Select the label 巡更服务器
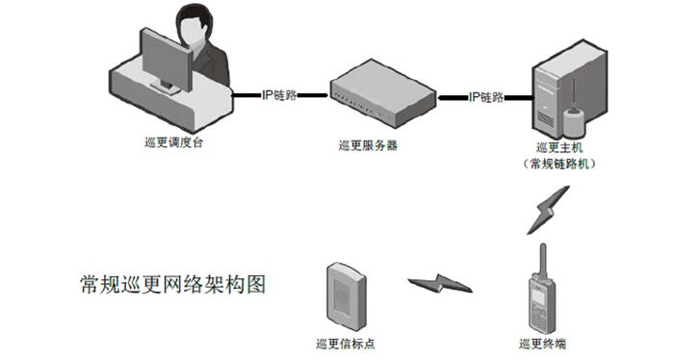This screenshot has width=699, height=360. point(369,145)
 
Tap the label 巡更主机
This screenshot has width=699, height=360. point(558,147)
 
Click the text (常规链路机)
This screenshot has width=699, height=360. point(558,164)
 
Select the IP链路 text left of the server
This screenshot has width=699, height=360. point(279,96)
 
